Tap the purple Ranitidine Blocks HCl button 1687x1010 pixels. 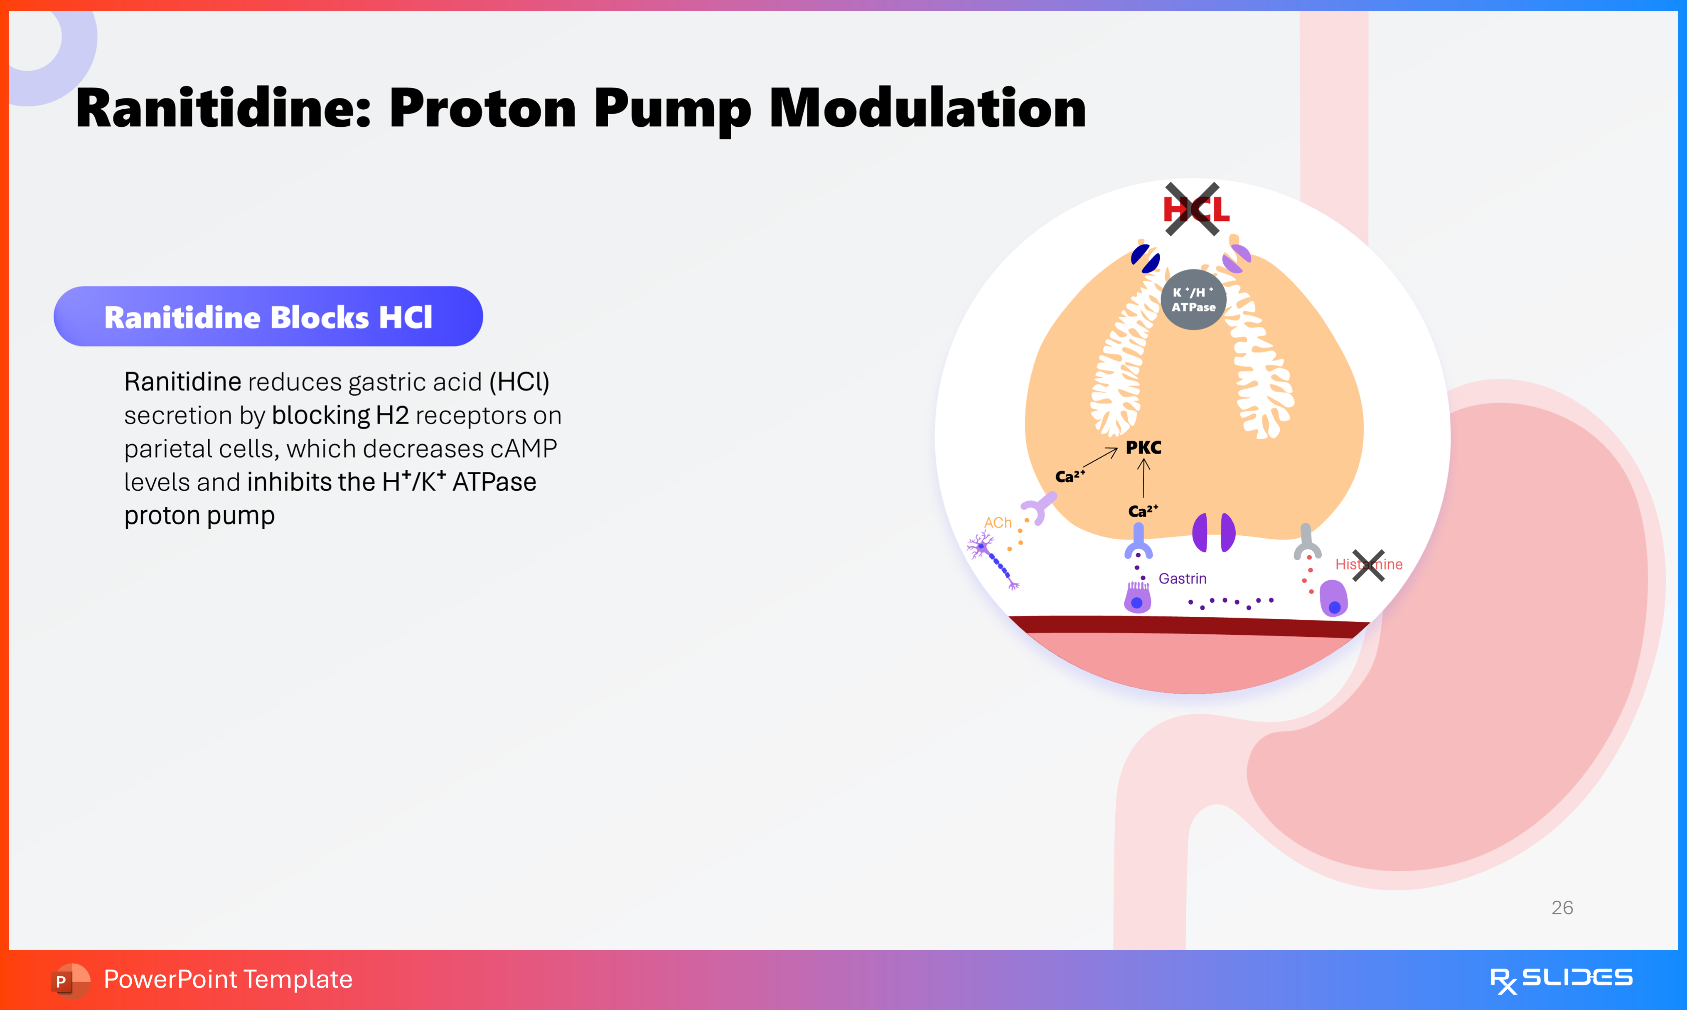[268, 316]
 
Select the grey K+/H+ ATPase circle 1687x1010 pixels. [1193, 299]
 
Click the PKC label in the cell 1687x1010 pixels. [1144, 448]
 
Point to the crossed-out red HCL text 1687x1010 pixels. [1196, 209]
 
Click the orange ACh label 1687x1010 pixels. [998, 523]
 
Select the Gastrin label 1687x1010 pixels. [1182, 579]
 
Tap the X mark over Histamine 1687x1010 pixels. [1368, 566]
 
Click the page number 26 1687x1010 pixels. [1562, 907]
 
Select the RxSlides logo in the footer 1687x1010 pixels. [1561, 979]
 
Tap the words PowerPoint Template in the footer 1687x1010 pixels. [228, 979]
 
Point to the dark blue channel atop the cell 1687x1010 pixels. [1146, 259]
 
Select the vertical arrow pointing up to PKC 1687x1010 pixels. [1144, 478]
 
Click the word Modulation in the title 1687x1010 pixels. [927, 109]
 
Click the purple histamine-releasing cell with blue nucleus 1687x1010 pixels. [1333, 598]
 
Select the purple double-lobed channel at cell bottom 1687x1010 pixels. [1214, 532]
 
